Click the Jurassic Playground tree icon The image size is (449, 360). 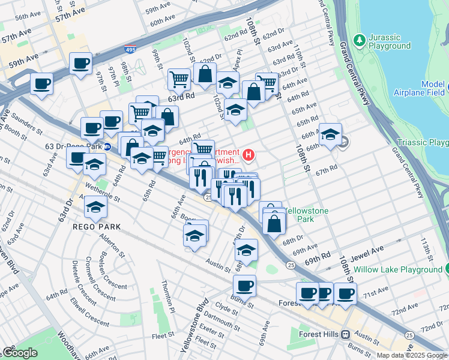click(x=359, y=40)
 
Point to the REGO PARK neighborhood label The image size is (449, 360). click(x=97, y=227)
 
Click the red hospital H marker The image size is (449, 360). click(x=249, y=155)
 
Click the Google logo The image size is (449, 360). click(x=19, y=352)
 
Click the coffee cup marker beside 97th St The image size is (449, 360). click(x=80, y=62)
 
